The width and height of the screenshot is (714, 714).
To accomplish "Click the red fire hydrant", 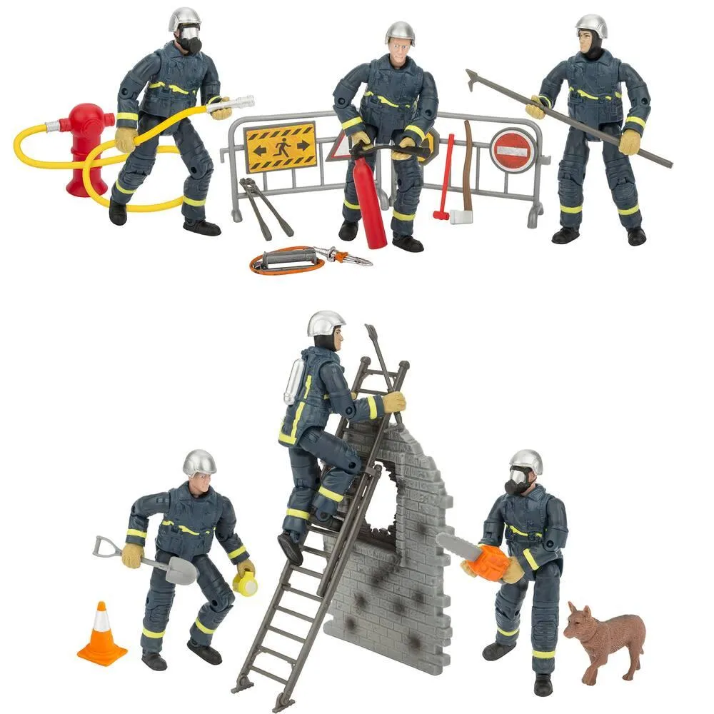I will [85, 146].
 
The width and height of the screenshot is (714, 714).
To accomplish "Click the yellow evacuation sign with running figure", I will [280, 146].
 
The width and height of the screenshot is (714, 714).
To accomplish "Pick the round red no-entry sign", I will [512, 150].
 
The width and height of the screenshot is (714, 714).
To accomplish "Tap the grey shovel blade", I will [181, 570].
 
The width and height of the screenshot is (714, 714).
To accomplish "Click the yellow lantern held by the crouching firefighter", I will [245, 583].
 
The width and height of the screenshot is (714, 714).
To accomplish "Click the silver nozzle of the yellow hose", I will [236, 103].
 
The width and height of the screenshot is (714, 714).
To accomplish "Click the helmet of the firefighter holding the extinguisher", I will [400, 32].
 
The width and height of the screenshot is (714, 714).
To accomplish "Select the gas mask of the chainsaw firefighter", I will [518, 483].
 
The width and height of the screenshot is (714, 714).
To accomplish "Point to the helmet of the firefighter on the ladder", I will [326, 323].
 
